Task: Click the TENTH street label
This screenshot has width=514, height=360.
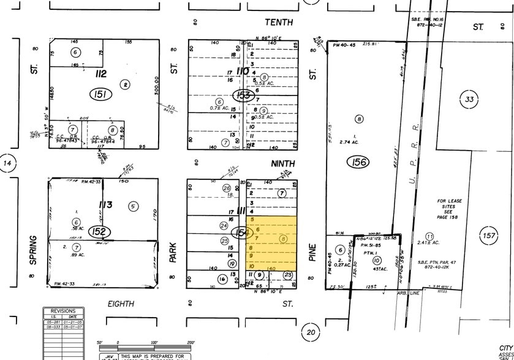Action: tap(279, 22)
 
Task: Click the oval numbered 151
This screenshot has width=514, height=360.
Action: tap(99, 94)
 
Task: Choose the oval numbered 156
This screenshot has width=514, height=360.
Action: tap(357, 162)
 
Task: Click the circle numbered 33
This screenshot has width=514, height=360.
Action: tap(471, 99)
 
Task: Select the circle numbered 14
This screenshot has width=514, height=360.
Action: tap(7, 164)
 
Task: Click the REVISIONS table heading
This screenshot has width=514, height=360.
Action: tap(63, 310)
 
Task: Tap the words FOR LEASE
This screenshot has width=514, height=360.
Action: tap(449, 201)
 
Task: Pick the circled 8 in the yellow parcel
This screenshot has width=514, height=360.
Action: tap(282, 239)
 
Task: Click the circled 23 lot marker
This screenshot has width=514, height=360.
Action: tap(288, 276)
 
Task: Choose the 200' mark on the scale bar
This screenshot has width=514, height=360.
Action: tap(191, 343)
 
